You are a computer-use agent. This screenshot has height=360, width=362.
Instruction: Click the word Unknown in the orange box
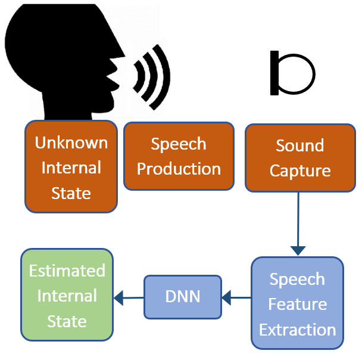click(71, 142)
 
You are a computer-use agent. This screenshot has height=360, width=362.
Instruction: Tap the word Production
click(179, 169)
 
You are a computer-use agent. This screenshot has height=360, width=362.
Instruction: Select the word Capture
click(300, 171)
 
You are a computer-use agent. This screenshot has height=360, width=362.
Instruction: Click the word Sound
click(300, 145)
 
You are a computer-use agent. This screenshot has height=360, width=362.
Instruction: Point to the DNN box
click(183, 297)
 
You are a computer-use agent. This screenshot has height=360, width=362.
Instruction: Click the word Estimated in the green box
click(67, 271)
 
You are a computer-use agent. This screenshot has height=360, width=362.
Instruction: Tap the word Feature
click(298, 304)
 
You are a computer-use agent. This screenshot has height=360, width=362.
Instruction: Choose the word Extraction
click(297, 330)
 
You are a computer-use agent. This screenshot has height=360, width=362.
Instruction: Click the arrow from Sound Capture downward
click(298, 224)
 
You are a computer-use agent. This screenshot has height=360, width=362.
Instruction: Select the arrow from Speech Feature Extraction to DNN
click(236, 297)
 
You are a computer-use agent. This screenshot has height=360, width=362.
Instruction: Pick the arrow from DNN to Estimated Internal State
click(129, 298)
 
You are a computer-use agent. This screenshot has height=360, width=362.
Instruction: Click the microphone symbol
click(293, 73)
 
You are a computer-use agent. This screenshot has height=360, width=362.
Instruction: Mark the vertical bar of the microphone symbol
click(274, 73)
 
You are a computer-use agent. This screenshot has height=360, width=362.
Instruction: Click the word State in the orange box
click(71, 193)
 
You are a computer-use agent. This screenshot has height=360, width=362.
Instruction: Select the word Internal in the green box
click(67, 296)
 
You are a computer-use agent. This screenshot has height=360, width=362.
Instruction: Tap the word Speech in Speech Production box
click(179, 144)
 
